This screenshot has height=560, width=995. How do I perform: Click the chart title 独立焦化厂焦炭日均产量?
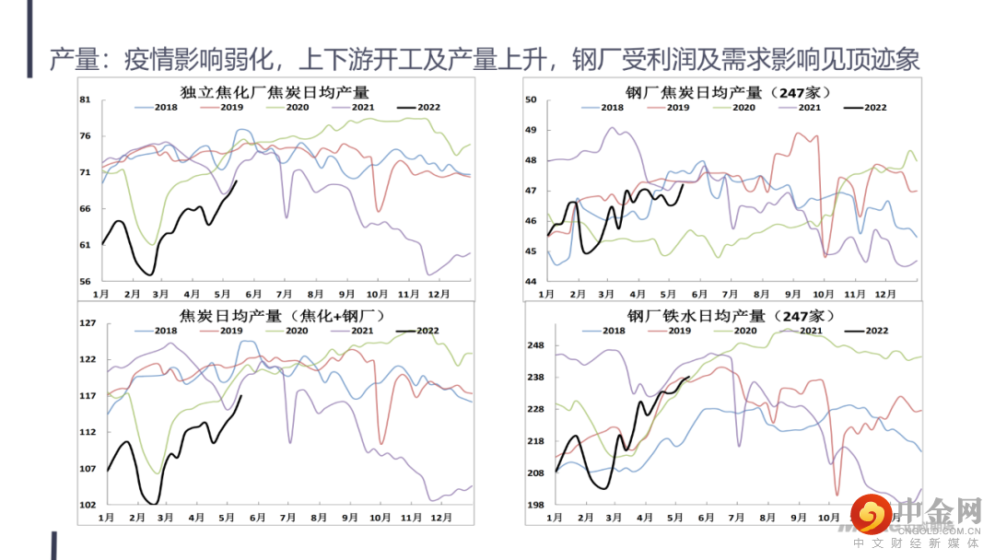[275, 91]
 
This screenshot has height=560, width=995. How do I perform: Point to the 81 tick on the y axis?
[86, 100]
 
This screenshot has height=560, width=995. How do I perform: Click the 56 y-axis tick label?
[86, 281]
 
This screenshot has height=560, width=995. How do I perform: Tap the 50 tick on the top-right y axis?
[531, 99]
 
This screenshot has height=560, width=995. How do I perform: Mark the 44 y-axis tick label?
[531, 281]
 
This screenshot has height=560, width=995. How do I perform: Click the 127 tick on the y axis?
[88, 323]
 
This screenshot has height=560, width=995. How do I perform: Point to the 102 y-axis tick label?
[88, 505]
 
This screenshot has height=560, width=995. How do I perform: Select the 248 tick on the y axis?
[535, 345]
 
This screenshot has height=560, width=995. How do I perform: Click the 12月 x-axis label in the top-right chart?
[885, 295]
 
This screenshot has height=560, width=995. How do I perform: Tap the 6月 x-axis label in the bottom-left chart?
[256, 519]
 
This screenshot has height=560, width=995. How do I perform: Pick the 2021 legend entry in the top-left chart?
[362, 108]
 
